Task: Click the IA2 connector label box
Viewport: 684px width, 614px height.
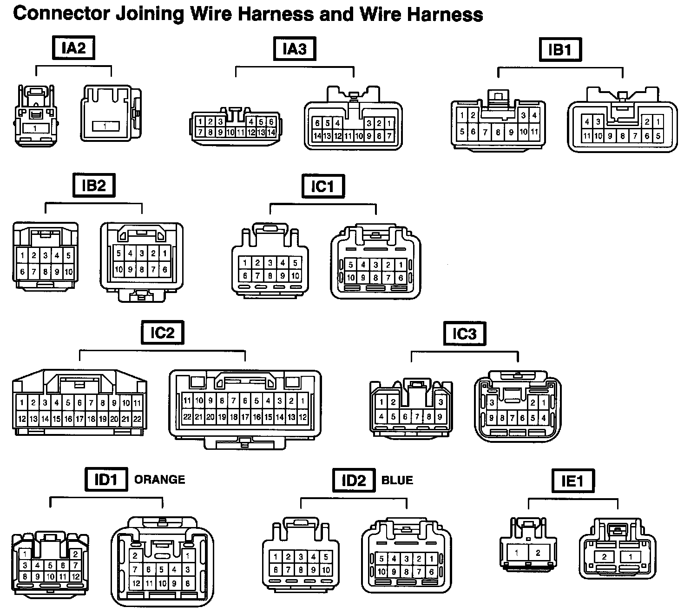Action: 74,48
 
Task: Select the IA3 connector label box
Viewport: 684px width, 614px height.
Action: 295,49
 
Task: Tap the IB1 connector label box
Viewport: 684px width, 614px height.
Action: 560,50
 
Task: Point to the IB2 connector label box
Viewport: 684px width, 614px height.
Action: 94,186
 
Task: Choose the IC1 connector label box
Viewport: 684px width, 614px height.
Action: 322,187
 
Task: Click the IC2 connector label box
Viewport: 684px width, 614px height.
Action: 162,333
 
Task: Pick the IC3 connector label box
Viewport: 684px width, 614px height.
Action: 464,334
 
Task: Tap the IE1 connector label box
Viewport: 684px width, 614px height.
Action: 572,481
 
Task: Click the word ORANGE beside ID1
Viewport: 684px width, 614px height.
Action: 159,480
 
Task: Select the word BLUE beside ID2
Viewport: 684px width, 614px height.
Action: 397,481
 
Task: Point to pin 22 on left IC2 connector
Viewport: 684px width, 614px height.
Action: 137,419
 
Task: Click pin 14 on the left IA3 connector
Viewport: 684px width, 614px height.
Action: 271,133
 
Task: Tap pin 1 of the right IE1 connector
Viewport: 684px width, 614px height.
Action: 631,556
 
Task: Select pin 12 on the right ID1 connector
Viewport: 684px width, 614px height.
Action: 136,583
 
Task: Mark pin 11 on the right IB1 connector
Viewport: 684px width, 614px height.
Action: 587,136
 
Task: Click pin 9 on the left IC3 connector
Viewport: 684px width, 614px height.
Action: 440,417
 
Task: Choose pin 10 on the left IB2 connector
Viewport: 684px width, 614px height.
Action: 68,272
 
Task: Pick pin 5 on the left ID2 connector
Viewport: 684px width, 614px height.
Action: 326,556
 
